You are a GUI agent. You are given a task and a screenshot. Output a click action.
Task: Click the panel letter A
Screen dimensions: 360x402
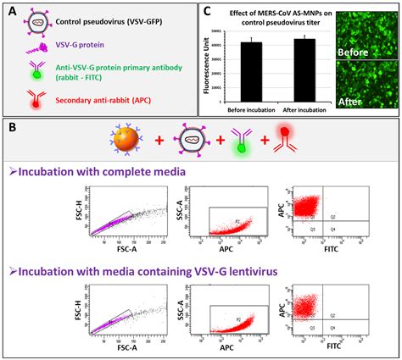[11, 11]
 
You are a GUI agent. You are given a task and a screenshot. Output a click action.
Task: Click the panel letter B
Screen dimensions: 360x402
[11, 131]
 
